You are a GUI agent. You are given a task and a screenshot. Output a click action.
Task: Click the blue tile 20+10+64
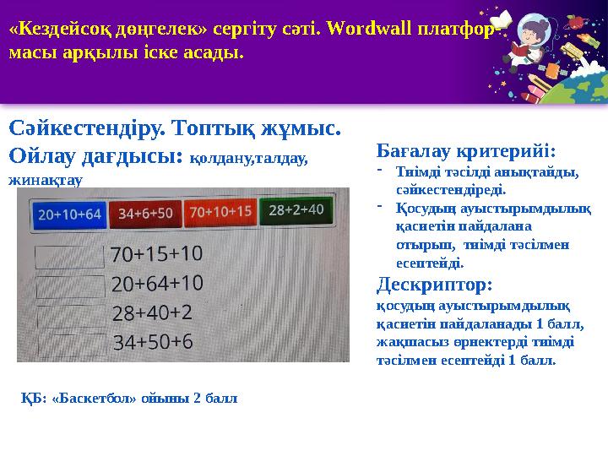pos(69,214)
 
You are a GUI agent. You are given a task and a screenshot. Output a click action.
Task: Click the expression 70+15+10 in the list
pos(156,253)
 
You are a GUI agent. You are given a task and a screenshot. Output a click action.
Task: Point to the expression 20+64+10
pos(157,283)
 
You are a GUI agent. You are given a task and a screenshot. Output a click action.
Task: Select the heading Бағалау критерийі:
pos(465,152)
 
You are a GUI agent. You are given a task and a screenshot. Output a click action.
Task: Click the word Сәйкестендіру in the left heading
pos(86,128)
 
